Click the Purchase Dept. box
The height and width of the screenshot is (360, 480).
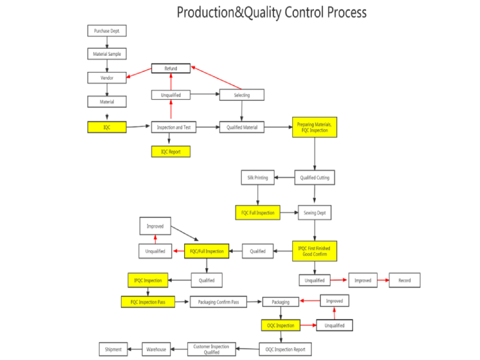pyautogui.click(x=107, y=31)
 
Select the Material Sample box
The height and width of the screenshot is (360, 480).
pyautogui.click(x=107, y=54)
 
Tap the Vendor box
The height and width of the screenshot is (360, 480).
pyautogui.click(x=107, y=77)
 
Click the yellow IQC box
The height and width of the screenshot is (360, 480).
pyautogui.click(x=107, y=127)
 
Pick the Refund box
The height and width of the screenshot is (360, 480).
pyautogui.click(x=171, y=68)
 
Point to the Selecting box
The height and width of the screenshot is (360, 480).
pyautogui.click(x=242, y=95)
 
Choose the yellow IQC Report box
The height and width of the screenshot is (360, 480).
pyautogui.click(x=170, y=152)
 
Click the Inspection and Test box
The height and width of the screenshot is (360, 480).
pyautogui.click(x=173, y=127)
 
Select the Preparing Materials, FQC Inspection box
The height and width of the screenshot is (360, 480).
pyautogui.click(x=315, y=127)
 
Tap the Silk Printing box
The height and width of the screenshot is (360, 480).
pyautogui.click(x=258, y=178)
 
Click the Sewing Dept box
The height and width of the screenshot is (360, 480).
pyautogui.click(x=315, y=212)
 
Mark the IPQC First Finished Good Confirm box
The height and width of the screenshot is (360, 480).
pyautogui.click(x=315, y=251)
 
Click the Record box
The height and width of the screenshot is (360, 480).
pyautogui.click(x=404, y=280)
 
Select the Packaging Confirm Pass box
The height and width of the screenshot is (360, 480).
pyautogui.click(x=218, y=302)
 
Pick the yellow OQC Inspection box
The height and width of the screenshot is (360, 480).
pyautogui.click(x=280, y=325)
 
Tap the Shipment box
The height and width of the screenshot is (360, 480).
pyautogui.click(x=113, y=349)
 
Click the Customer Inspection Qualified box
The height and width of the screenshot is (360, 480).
pyautogui.click(x=211, y=349)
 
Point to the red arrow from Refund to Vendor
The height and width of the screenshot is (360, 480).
pyautogui.click(x=139, y=73)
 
